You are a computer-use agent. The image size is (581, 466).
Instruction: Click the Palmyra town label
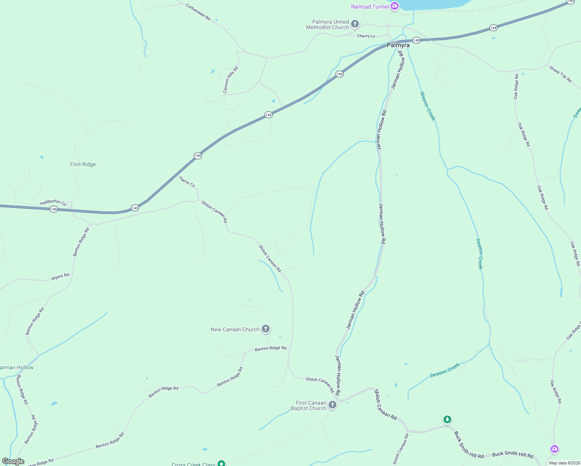[x=398, y=45]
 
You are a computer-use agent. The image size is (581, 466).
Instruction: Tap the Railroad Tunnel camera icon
[x=395, y=6]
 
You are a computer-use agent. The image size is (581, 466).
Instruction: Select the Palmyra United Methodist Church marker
[x=355, y=24]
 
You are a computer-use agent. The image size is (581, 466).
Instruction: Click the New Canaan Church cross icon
[x=266, y=329]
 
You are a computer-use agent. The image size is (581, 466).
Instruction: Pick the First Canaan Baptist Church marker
[x=332, y=405]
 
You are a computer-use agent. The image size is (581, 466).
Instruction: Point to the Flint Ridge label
[x=83, y=165]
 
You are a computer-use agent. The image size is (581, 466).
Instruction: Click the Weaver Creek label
[x=428, y=106]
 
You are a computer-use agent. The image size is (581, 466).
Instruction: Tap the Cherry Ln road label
[x=366, y=36]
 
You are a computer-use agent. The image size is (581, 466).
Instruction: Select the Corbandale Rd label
[x=198, y=12]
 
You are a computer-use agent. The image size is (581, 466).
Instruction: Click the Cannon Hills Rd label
[x=230, y=80]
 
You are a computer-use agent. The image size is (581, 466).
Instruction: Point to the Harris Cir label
[x=187, y=181]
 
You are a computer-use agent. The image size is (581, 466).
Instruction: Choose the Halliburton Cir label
[x=53, y=202]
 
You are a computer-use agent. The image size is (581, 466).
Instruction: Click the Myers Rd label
[x=60, y=277]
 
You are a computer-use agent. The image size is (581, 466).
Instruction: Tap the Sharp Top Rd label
[x=560, y=74]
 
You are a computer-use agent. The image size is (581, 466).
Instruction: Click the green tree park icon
[x=447, y=419]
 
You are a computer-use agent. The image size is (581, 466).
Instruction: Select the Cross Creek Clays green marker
[x=221, y=463]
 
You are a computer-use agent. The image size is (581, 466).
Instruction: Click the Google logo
[x=13, y=461]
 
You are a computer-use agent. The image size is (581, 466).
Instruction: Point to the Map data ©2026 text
[x=564, y=463]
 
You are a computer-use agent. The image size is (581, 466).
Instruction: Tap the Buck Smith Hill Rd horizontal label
[x=513, y=454]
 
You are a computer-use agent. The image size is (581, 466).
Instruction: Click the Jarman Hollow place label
[x=17, y=367]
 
